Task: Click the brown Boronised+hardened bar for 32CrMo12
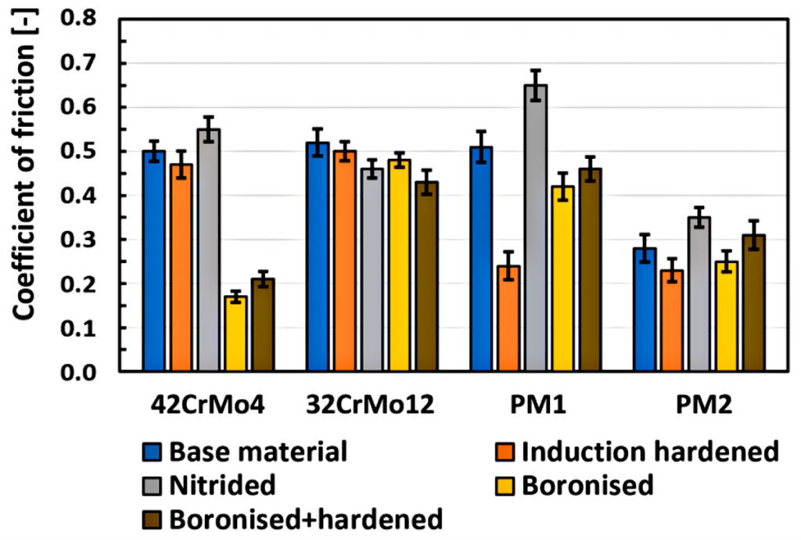click(x=426, y=277)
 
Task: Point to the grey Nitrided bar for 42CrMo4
click(x=208, y=250)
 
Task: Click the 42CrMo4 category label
click(x=208, y=406)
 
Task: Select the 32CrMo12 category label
click(x=372, y=406)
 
